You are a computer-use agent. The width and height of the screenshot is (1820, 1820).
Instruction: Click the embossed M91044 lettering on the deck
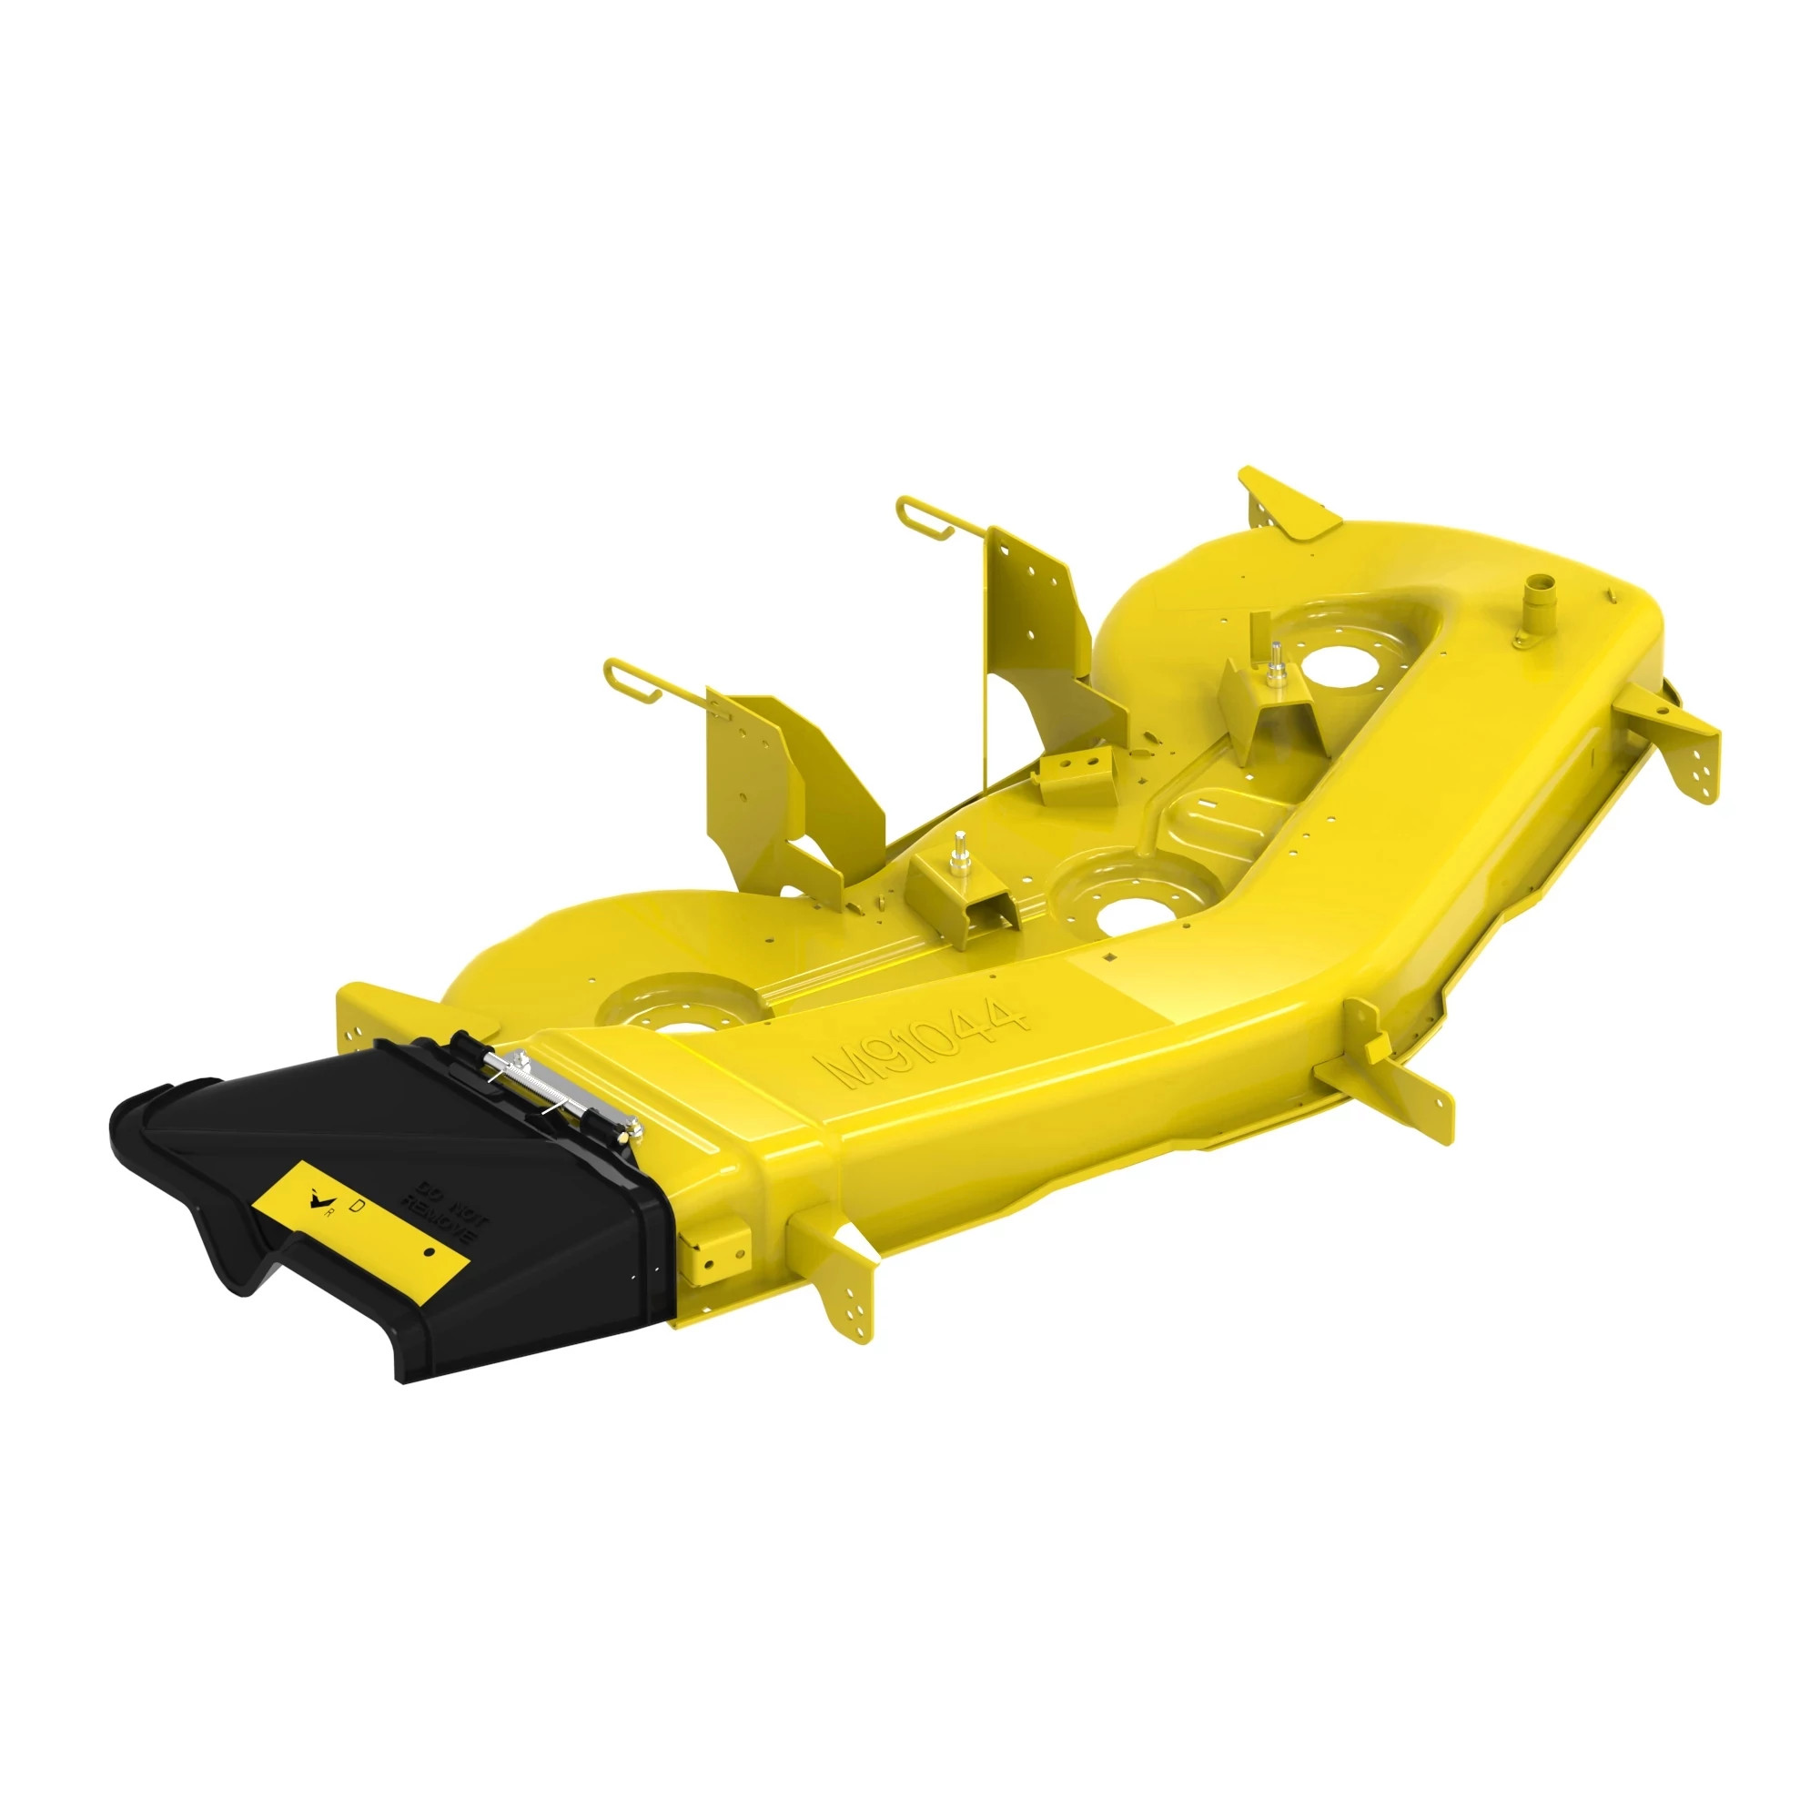click(923, 1044)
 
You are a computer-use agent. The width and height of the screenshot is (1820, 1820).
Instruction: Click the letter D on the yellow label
click(357, 1204)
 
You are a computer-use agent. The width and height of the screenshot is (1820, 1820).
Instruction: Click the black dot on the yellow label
click(428, 1254)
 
